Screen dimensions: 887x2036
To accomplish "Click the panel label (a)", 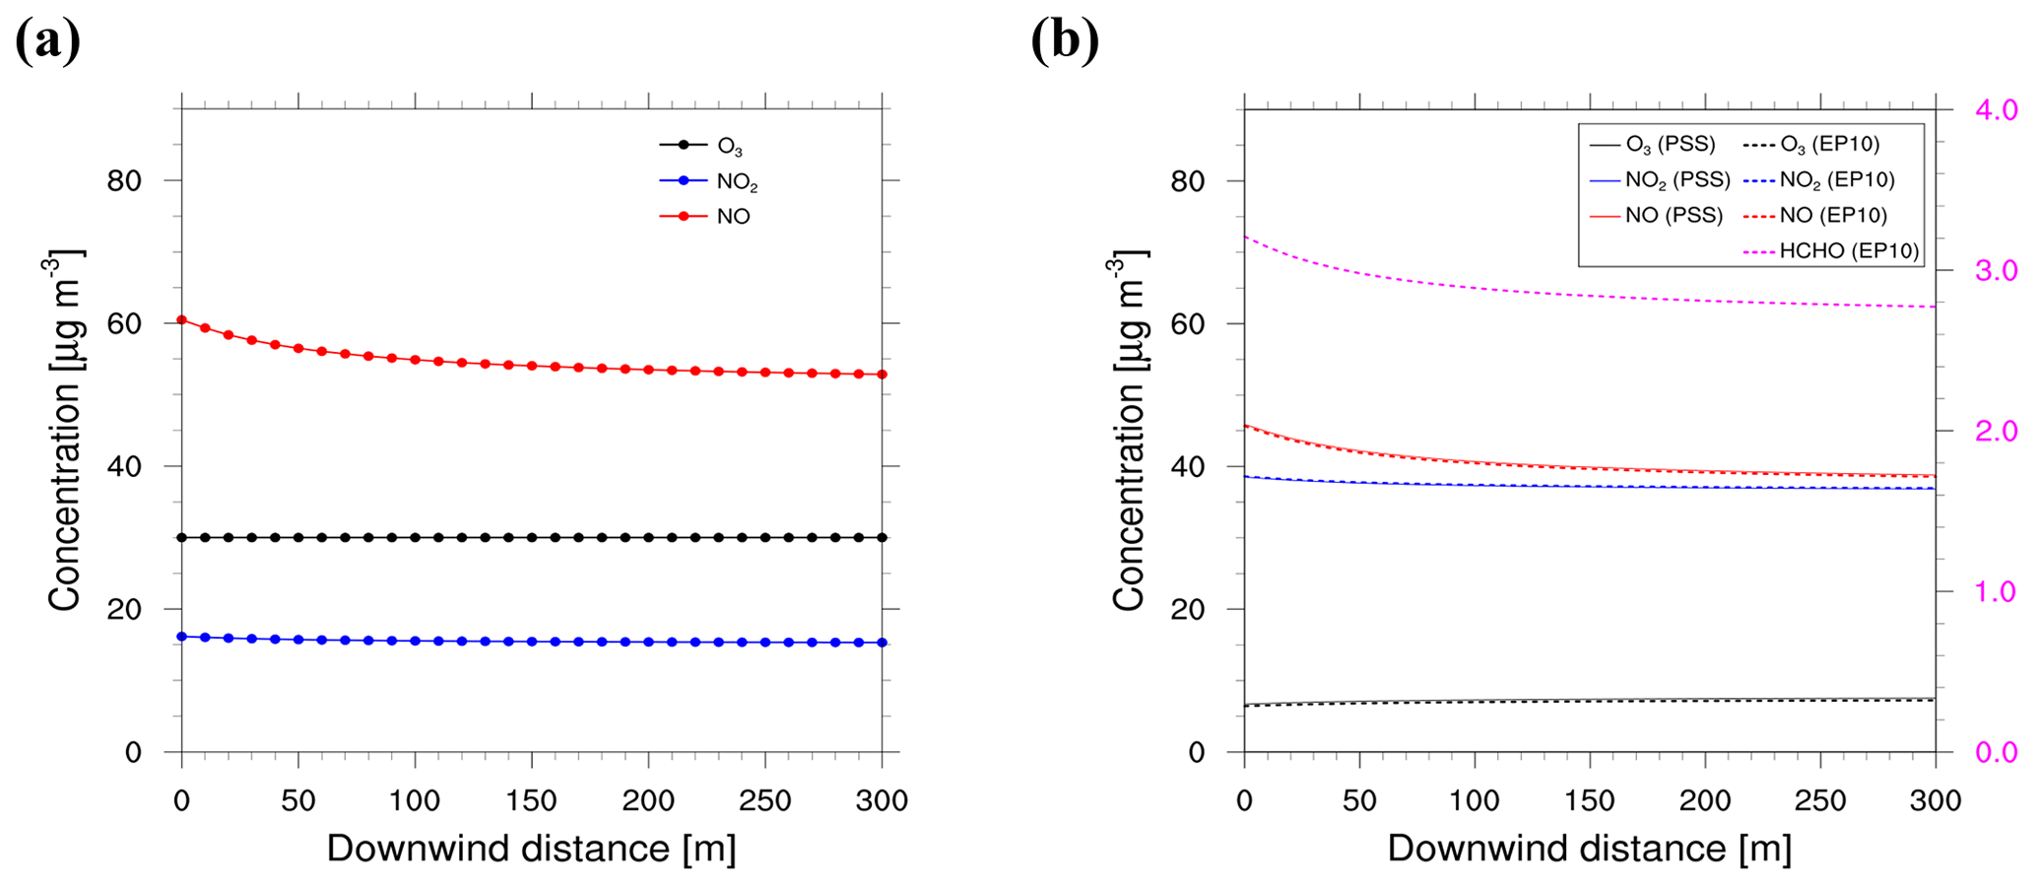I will (47, 41).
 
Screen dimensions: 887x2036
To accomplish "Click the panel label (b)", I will (1065, 41).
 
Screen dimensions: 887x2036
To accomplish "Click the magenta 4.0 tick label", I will (1996, 110).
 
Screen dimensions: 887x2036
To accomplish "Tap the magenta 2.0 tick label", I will (1996, 431).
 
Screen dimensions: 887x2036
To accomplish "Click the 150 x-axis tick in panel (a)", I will (532, 800).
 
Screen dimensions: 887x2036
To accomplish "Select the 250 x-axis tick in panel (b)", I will (1820, 800).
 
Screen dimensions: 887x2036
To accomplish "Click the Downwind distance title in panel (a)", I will (531, 849).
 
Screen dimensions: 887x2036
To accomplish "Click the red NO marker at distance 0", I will (181, 319).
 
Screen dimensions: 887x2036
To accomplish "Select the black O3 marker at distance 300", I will (882, 537).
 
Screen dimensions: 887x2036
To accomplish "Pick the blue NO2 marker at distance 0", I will (181, 637).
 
